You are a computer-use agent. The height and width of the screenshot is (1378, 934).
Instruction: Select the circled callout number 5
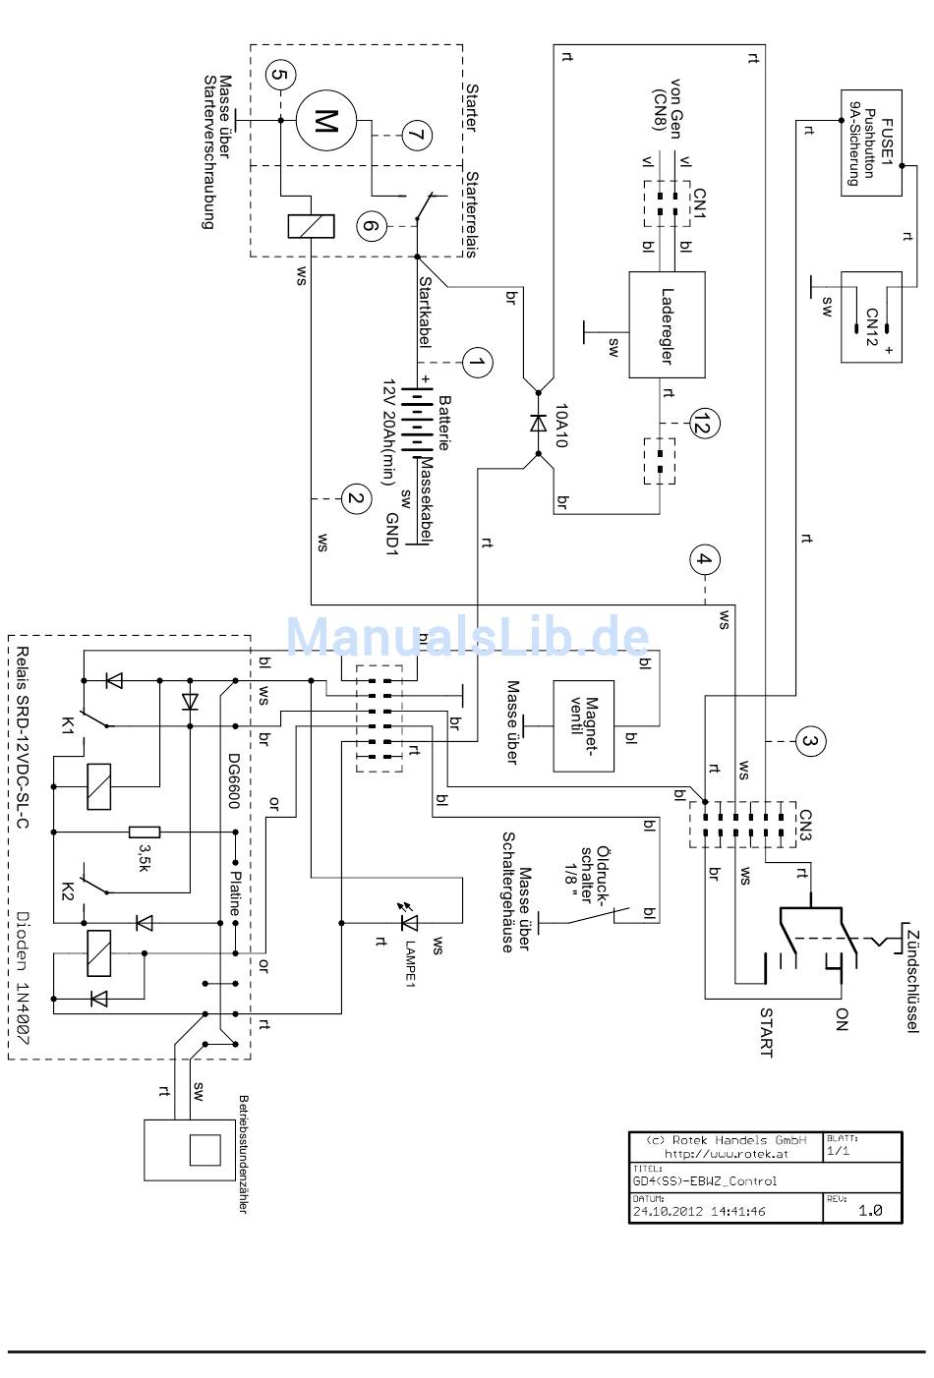[x=280, y=75]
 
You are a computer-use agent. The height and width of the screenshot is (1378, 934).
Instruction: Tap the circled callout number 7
[x=417, y=136]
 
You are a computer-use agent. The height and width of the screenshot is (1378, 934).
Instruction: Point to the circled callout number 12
[x=705, y=424]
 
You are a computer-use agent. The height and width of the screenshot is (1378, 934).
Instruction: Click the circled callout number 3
[x=810, y=741]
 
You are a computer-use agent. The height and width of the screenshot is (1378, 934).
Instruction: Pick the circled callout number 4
[x=705, y=560]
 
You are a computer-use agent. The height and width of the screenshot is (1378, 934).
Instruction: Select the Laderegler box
[x=667, y=324]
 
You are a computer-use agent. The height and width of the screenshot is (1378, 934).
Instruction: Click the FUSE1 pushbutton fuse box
[x=871, y=143]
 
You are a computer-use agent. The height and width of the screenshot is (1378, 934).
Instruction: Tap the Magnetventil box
[x=583, y=726]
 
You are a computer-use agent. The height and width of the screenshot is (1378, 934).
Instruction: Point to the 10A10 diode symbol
[x=539, y=424]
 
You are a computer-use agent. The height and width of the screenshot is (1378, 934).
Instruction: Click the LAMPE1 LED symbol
[x=408, y=922]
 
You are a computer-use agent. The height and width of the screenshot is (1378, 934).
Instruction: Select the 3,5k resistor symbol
[x=145, y=833]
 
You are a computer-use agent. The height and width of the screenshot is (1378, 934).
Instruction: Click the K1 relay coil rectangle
[x=99, y=787]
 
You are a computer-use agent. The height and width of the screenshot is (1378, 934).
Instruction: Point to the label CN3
[x=805, y=825]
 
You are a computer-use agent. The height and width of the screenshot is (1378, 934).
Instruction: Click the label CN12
[x=872, y=326]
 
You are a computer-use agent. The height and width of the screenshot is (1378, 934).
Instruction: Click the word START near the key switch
[x=766, y=1032]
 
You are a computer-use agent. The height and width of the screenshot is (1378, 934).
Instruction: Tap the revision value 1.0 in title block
[x=870, y=1211]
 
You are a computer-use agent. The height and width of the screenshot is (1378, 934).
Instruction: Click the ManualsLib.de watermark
[x=468, y=637]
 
